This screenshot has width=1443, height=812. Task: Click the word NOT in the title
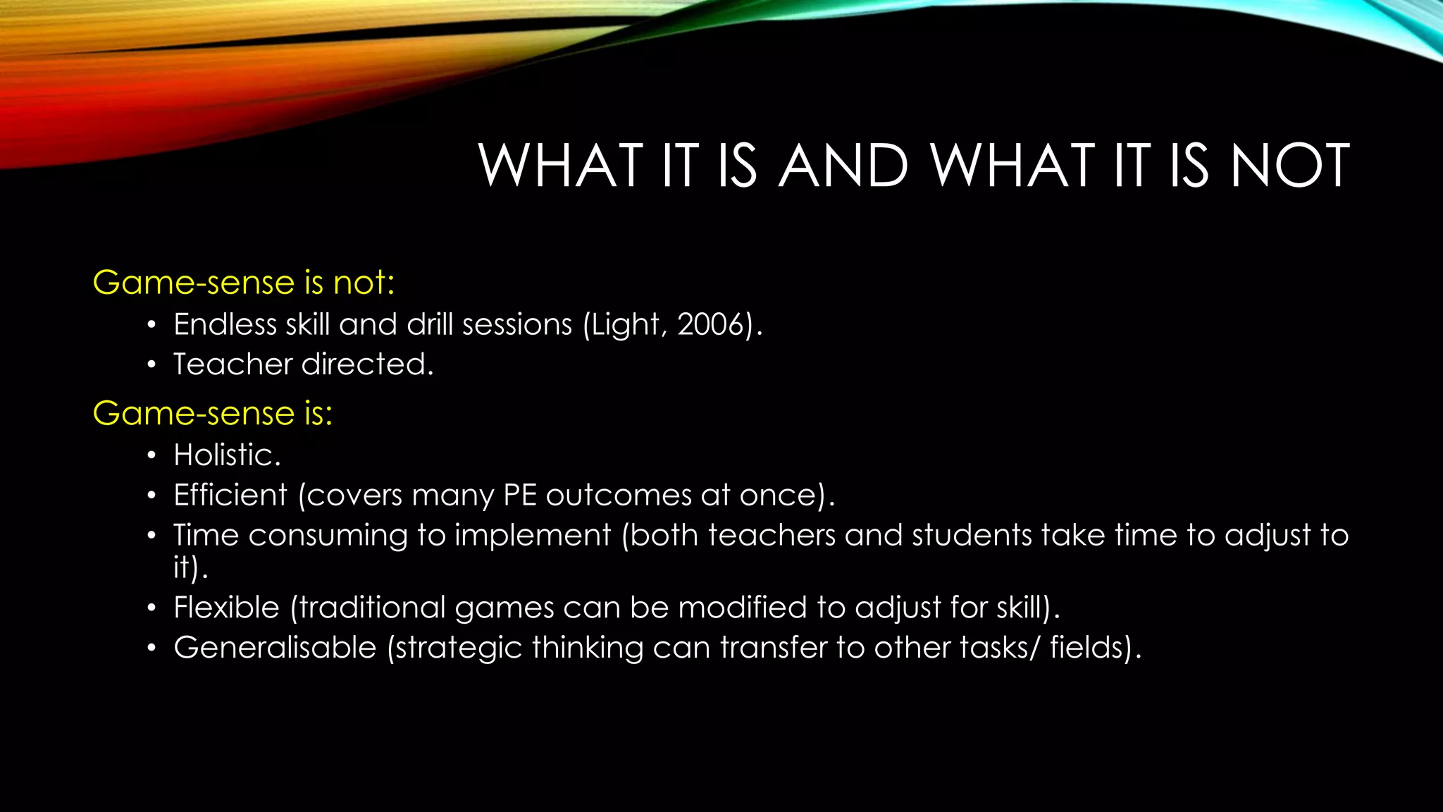[1290, 166]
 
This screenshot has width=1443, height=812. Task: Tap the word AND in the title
[843, 166]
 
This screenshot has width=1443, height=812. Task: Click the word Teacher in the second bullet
[233, 364]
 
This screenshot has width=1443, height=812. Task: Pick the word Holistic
[225, 455]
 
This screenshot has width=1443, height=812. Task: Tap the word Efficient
[230, 495]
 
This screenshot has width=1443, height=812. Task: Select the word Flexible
[226, 608]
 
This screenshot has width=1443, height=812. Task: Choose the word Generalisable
[275, 648]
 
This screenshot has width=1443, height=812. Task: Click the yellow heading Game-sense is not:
[244, 283]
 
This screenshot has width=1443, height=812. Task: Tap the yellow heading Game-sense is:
[213, 413]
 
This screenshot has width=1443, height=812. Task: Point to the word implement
[532, 536]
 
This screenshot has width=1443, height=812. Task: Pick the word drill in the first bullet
[431, 325]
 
